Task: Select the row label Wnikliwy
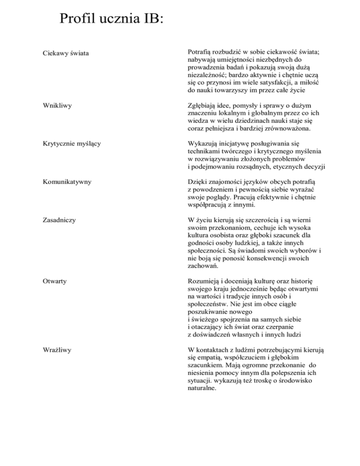(x=51, y=106)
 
